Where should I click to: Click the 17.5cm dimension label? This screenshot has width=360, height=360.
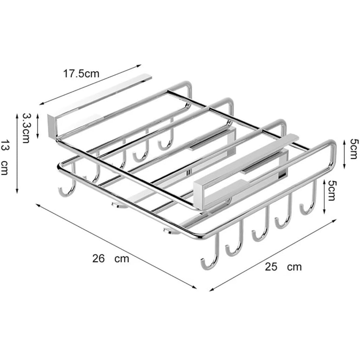[x=81, y=74]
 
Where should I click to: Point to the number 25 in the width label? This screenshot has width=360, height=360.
[x=271, y=267]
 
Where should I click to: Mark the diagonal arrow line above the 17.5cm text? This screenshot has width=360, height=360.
[x=90, y=84]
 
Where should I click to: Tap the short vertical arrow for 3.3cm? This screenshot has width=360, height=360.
[x=38, y=126]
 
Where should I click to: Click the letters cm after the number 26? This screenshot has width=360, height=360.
[x=122, y=259]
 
